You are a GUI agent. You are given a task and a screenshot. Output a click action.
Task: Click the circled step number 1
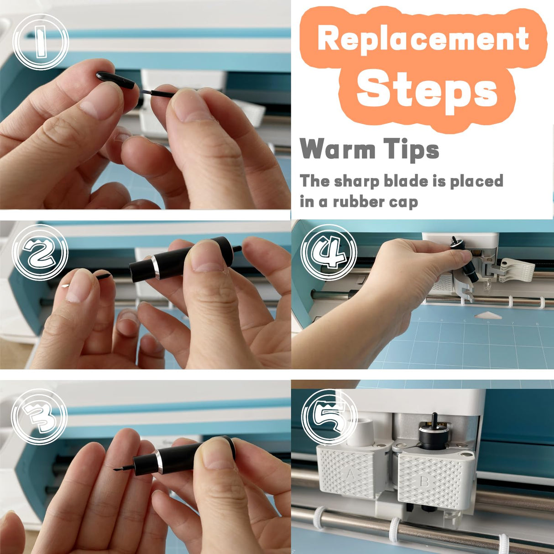click(40, 42)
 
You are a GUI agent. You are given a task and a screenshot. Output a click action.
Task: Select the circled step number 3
click(39, 416)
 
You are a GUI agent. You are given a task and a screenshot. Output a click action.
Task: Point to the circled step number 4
click(329, 252)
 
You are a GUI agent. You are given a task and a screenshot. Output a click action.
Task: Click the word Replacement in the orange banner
click(423, 38)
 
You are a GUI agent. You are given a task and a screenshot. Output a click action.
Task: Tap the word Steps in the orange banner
click(427, 89)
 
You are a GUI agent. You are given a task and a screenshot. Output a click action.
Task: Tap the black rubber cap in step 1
click(116, 80)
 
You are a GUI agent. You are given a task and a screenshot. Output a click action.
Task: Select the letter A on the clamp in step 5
click(350, 475)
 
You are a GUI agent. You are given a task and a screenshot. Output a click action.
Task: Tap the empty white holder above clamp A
click(360, 430)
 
